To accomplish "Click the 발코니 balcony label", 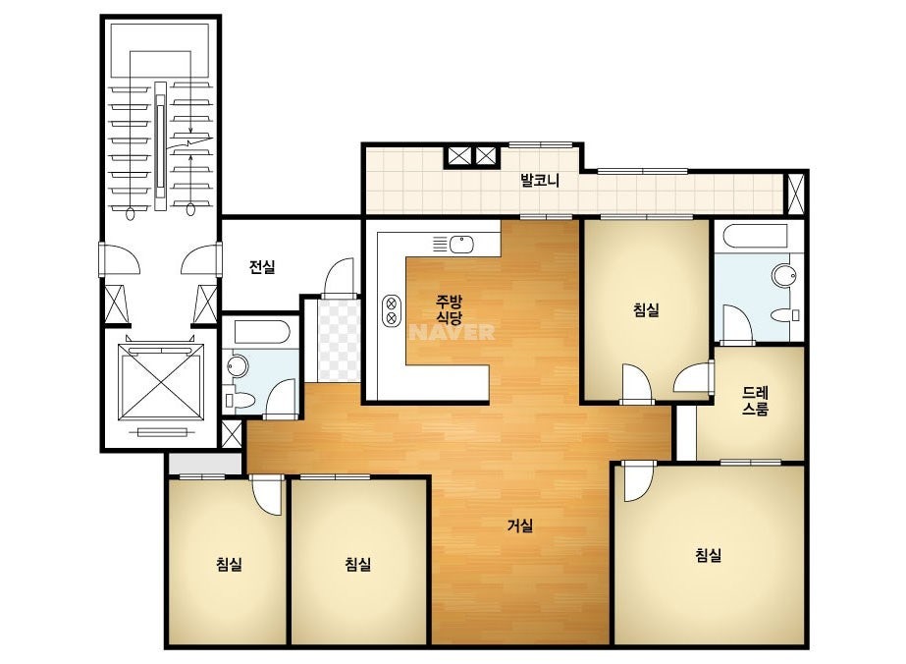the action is point(540,180).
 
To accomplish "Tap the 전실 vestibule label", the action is point(262,266).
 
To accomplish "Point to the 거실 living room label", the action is point(520,526).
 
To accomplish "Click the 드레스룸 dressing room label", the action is point(755,401).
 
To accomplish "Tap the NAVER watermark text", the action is point(453,332).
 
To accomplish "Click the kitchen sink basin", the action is point(462,244).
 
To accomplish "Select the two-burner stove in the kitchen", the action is point(392,310).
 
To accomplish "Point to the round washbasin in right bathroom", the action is point(784,275).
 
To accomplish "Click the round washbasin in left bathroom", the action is point(237,366).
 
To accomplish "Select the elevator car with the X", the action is point(161,382).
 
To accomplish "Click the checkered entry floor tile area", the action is point(340,341).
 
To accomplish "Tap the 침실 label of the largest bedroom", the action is point(709,555).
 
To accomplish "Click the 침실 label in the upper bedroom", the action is point(646,310).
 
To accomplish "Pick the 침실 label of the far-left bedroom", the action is point(229,564).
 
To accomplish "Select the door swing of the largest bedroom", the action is point(638,482).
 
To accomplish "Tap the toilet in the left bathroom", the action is point(242,400).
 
